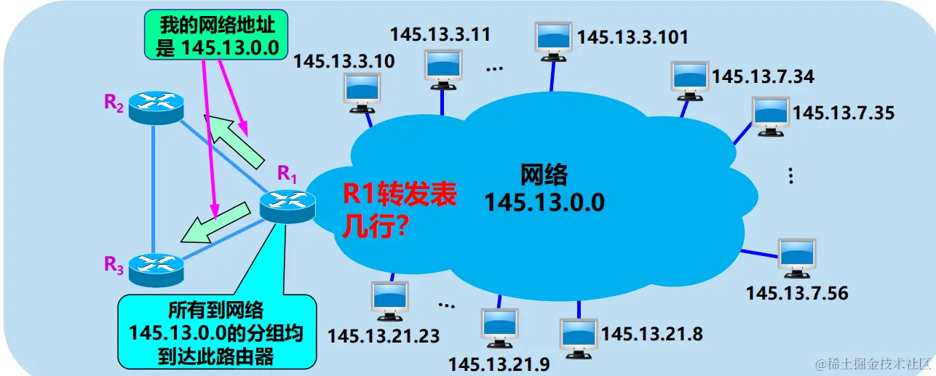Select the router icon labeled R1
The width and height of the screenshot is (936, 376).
point(287,206)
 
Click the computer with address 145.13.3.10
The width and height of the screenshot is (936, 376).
point(362,92)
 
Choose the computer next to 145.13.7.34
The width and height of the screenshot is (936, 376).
point(689,79)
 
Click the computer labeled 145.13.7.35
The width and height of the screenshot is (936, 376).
point(770,116)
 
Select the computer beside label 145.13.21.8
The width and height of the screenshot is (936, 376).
point(579,337)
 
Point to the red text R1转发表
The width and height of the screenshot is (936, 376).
point(400,195)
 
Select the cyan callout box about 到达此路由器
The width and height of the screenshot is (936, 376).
point(216,332)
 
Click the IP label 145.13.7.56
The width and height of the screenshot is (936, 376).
point(797,293)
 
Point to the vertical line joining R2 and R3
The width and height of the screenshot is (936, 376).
point(154,189)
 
